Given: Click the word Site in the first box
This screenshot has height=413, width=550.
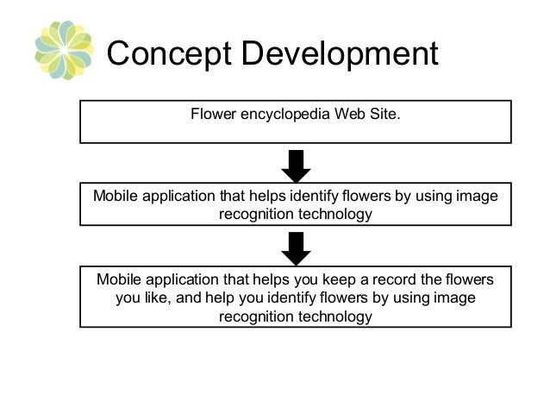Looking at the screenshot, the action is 383,113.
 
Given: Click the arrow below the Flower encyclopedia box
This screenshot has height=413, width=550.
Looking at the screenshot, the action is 296,164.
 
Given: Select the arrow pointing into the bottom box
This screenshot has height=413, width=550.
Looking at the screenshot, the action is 296,248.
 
